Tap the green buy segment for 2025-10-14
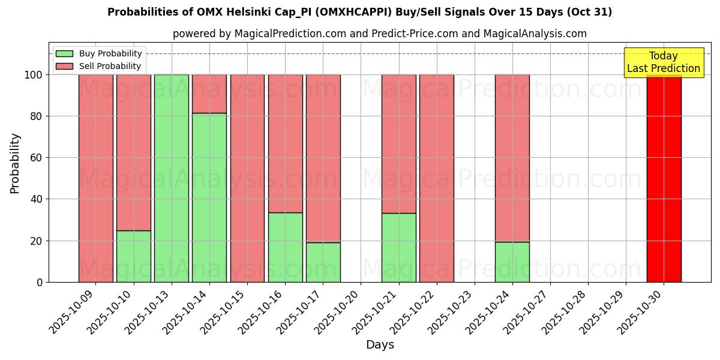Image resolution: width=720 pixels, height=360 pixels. pyautogui.click(x=209, y=197)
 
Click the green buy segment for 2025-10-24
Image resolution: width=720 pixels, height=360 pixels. pyautogui.click(x=512, y=262)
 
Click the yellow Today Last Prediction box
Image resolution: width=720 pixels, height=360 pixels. pyautogui.click(x=664, y=62)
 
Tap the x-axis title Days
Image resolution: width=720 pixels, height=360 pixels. pyautogui.click(x=380, y=344)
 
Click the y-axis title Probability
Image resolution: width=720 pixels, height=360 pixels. pyautogui.click(x=15, y=163)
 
